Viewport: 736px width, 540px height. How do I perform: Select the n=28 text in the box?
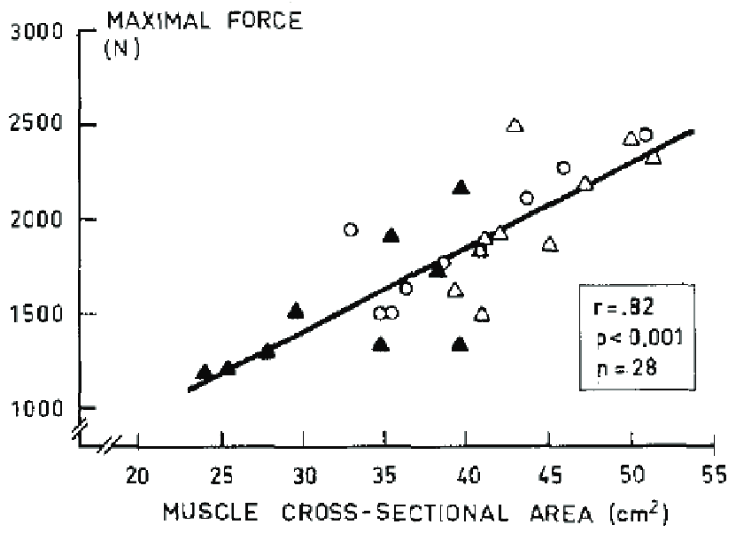click(619, 366)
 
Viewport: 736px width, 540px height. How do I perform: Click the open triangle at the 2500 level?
click(515, 126)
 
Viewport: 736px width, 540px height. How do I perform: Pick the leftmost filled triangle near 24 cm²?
click(205, 372)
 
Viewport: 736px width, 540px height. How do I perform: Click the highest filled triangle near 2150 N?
click(460, 187)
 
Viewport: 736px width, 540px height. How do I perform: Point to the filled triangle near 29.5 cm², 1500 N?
click(296, 311)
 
